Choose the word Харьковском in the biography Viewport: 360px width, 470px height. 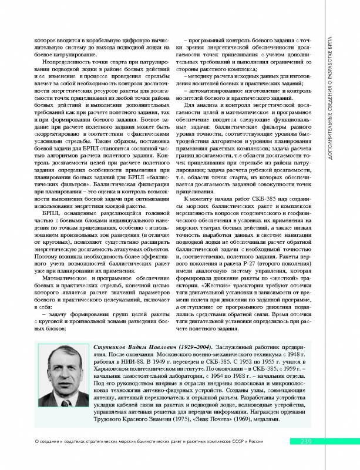[120, 372]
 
